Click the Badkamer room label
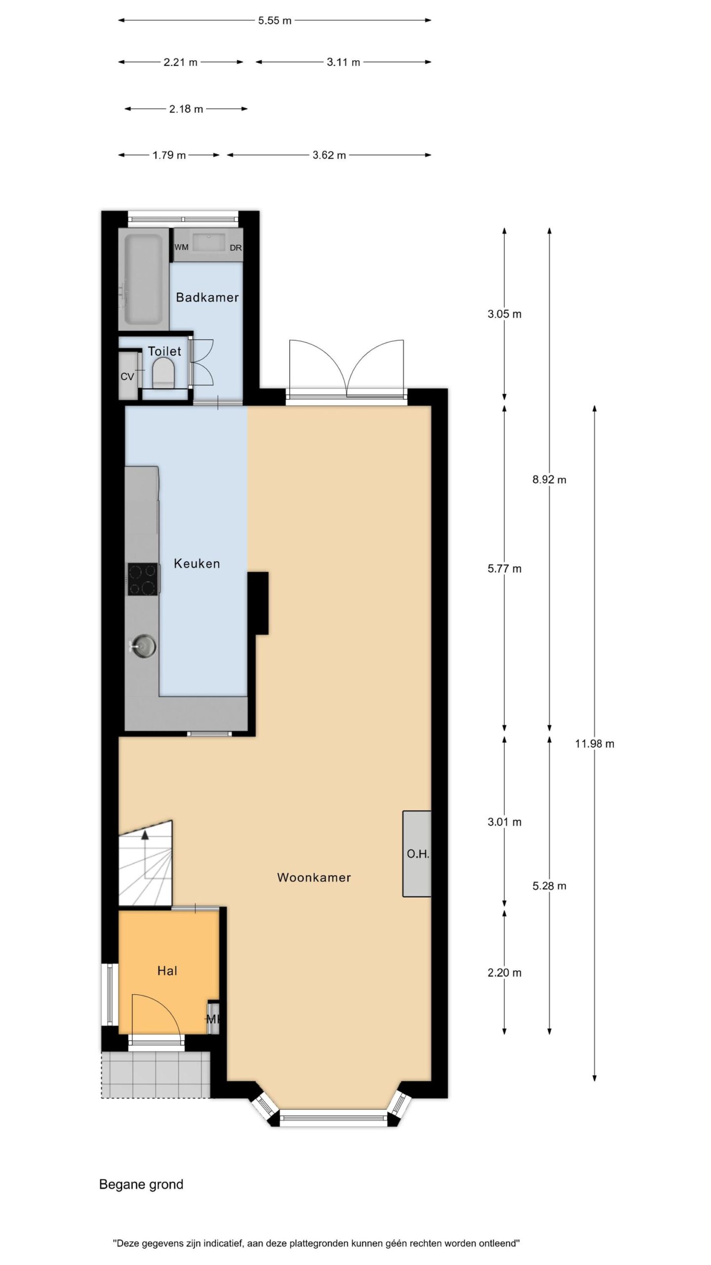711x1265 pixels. click(x=207, y=297)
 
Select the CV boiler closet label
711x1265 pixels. click(x=127, y=377)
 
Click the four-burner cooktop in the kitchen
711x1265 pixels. click(x=143, y=579)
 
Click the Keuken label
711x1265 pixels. click(x=197, y=563)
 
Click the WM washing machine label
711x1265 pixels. click(x=182, y=247)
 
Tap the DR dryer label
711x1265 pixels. click(x=236, y=248)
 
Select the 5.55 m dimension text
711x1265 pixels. click(x=275, y=21)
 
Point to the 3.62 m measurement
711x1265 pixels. click(x=329, y=155)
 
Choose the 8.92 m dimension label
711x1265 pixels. click(x=549, y=479)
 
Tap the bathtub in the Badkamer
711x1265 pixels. click(x=144, y=279)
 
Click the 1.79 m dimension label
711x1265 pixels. click(x=169, y=155)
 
